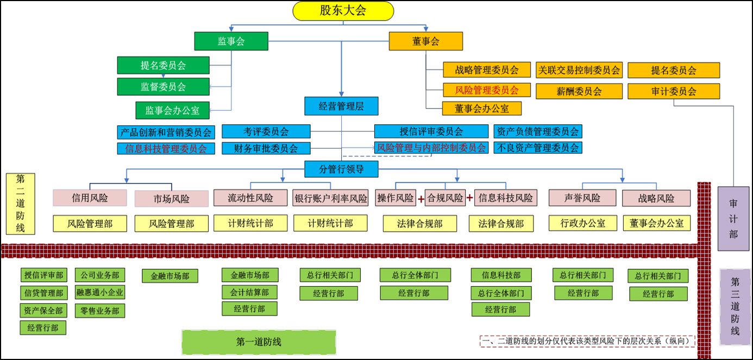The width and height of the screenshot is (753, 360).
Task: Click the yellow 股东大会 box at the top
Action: (x=343, y=11)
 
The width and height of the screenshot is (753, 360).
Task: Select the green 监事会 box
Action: (x=231, y=41)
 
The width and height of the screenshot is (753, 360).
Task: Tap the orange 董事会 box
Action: (x=425, y=41)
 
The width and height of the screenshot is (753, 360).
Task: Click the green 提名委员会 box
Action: (x=163, y=65)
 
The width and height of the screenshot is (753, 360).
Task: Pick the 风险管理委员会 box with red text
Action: (x=486, y=90)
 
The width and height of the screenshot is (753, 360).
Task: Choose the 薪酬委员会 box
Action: (x=579, y=91)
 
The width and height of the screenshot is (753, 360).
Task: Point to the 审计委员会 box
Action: (x=674, y=91)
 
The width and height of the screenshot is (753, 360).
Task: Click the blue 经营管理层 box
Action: (x=341, y=106)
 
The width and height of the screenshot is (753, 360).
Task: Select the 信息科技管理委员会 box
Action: (x=166, y=148)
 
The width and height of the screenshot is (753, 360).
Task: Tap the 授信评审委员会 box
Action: (x=431, y=131)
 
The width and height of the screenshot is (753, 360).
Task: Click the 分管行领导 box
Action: (x=341, y=169)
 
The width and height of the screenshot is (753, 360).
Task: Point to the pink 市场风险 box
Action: (x=172, y=199)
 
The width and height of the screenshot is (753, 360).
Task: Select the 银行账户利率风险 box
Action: (x=331, y=198)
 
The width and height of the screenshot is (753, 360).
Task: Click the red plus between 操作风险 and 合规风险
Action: (x=421, y=199)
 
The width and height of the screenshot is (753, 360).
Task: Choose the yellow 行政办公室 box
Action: (x=582, y=223)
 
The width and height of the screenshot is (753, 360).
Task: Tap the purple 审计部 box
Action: (x=733, y=219)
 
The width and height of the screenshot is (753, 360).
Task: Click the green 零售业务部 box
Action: (x=99, y=311)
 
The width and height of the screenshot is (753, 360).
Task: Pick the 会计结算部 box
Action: (x=249, y=292)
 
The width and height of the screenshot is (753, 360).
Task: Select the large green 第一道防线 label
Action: (x=259, y=342)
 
